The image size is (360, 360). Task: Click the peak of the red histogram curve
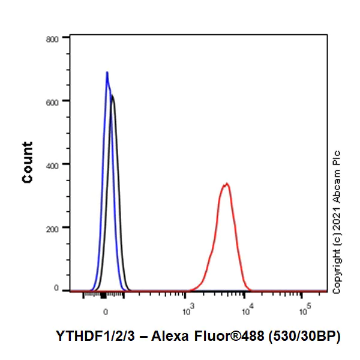(x=226, y=184)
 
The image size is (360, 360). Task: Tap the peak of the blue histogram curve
(x=107, y=73)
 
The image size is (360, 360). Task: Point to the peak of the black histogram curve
(x=112, y=95)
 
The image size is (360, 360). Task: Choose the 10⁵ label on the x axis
(x=304, y=310)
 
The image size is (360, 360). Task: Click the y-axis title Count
(x=28, y=162)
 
